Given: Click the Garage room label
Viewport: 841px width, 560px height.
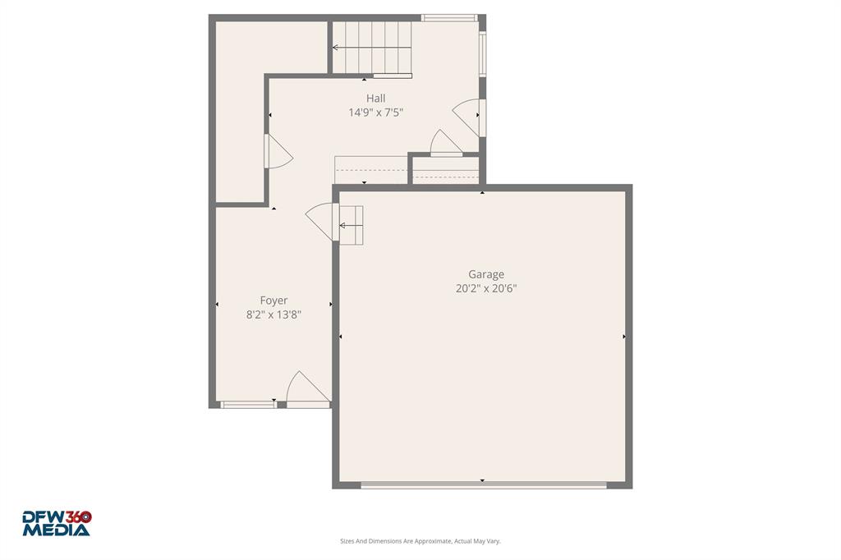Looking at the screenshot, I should pyautogui.click(x=486, y=274).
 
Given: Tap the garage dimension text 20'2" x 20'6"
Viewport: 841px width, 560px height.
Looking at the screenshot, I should pyautogui.click(x=486, y=288).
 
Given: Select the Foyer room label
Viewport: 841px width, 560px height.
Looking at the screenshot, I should pyautogui.click(x=273, y=301).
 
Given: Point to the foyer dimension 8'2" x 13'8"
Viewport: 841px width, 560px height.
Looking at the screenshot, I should pyautogui.click(x=273, y=314).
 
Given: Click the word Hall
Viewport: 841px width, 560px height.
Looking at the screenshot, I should pyautogui.click(x=375, y=99).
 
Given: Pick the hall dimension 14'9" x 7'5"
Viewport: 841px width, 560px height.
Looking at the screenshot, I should pyautogui.click(x=375, y=112).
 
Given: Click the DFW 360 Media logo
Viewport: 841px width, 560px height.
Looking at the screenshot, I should pyautogui.click(x=57, y=523).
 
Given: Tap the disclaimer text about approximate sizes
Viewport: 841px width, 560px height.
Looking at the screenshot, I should pyautogui.click(x=420, y=541).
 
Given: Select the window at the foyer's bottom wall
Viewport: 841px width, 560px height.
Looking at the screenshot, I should pyautogui.click(x=249, y=404).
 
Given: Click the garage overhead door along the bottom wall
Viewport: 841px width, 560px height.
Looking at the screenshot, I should pyautogui.click(x=484, y=485).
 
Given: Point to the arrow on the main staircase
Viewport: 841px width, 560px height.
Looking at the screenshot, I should pyautogui.click(x=337, y=48).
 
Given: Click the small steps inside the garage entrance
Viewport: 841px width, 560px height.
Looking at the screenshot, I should pyautogui.click(x=352, y=224).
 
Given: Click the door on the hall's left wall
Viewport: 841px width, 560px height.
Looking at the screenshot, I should pyautogui.click(x=277, y=152).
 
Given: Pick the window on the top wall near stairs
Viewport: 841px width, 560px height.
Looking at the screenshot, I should pyautogui.click(x=448, y=17).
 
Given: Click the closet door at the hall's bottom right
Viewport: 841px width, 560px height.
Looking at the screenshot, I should pyautogui.click(x=446, y=144).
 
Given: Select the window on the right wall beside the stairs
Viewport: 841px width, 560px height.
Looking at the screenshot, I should pyautogui.click(x=482, y=54).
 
